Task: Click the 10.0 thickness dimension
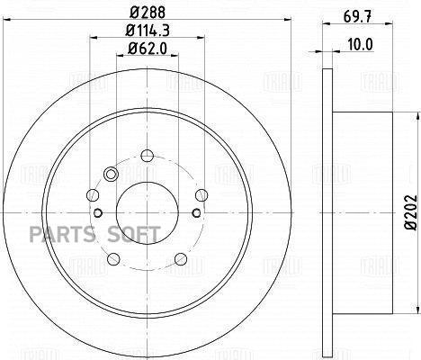coord(361,42)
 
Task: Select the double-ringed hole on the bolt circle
coord(112,175)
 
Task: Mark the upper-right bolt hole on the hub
coord(201,194)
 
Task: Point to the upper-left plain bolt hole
coord(91,194)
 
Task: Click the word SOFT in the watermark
coord(134,234)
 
